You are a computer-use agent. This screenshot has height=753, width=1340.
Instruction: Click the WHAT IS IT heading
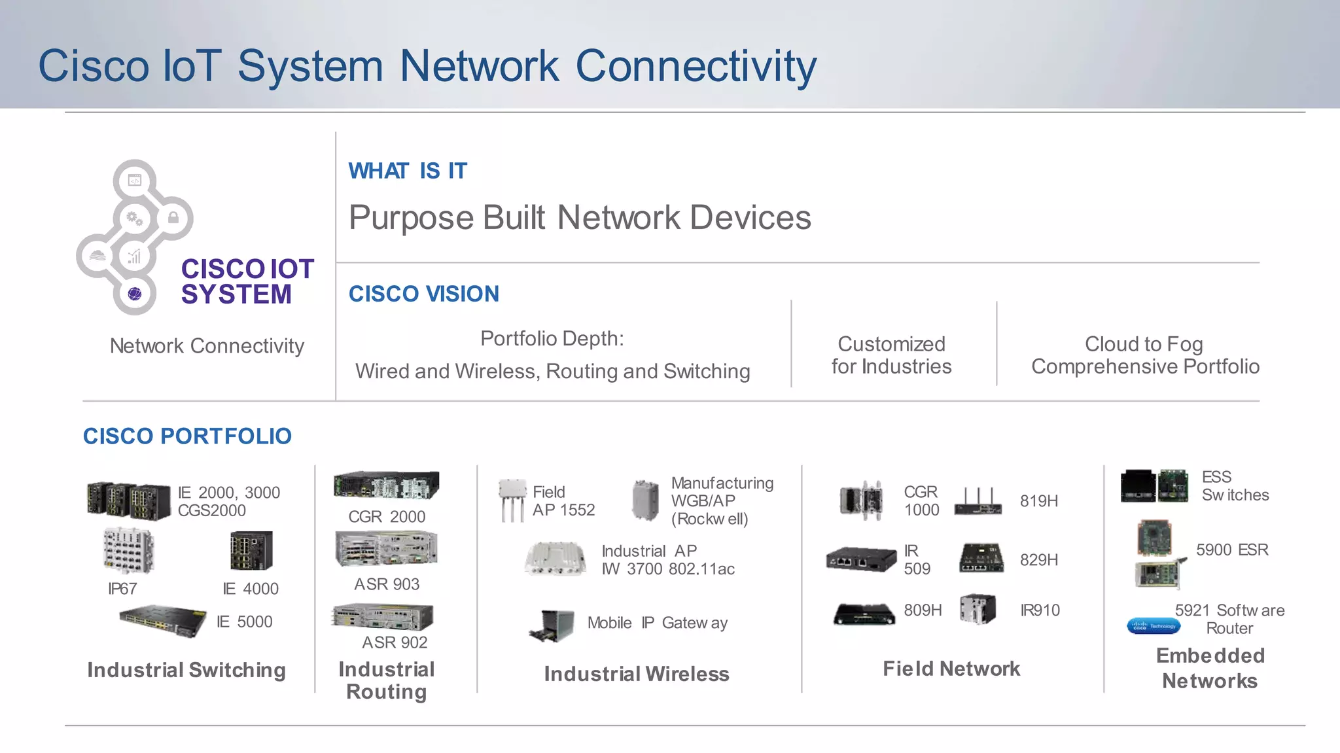click(x=408, y=171)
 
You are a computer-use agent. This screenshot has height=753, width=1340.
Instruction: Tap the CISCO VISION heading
click(x=423, y=294)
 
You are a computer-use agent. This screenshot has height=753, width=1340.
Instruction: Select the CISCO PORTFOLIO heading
click(x=187, y=436)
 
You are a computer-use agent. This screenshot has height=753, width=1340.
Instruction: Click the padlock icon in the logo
click(x=173, y=218)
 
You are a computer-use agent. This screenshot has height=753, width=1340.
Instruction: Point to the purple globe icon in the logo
click(x=135, y=294)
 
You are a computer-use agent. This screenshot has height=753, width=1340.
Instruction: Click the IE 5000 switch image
click(x=163, y=620)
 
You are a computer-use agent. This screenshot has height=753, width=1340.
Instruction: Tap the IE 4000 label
click(x=251, y=589)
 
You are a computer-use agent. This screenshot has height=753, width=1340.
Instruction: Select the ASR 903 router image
click(x=386, y=548)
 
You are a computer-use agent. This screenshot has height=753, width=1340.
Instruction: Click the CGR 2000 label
click(x=387, y=517)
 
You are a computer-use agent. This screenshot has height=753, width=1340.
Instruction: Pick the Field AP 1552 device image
click(x=512, y=500)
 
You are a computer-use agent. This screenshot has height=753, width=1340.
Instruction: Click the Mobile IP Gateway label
click(x=657, y=623)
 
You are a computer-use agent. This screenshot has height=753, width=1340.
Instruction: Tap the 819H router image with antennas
click(x=978, y=502)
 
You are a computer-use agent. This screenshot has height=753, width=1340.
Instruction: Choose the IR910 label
click(x=1040, y=610)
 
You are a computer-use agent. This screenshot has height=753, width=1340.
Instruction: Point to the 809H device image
click(x=864, y=614)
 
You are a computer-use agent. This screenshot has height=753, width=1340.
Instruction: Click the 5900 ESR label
click(x=1231, y=550)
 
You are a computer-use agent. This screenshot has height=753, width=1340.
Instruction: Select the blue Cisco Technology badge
click(x=1154, y=626)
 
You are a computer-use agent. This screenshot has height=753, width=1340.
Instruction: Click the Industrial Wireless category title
click(x=637, y=674)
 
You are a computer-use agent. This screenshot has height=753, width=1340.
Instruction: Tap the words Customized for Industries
click(x=891, y=355)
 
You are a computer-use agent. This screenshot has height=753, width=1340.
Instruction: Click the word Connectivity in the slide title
click(x=696, y=66)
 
